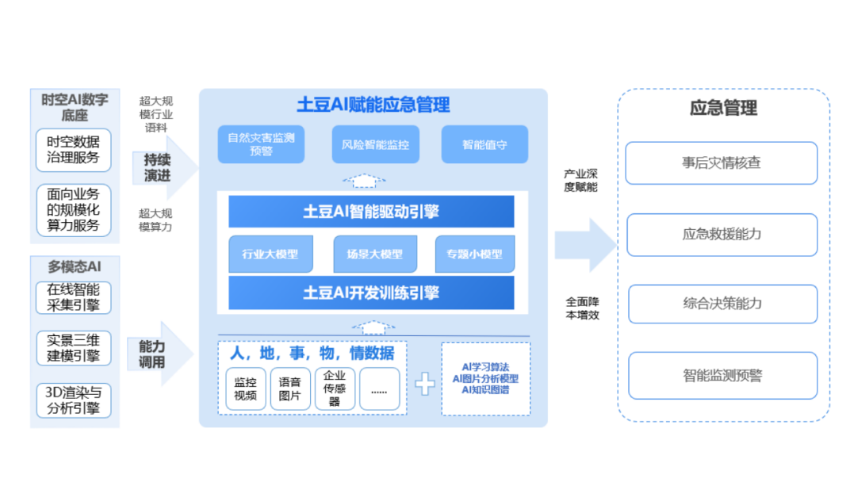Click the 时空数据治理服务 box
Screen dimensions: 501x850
[74, 150]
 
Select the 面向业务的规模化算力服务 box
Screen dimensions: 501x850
[74, 210]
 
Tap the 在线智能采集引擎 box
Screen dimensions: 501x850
[74, 297]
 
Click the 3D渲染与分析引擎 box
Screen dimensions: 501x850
[74, 400]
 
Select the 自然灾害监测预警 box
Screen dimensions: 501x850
[261, 144]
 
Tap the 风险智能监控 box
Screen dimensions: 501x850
[375, 144]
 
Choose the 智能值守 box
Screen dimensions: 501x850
[484, 144]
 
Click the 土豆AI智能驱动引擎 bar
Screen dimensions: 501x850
[371, 212]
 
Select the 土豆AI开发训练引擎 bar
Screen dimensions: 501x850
[371, 293]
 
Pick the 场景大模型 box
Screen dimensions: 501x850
[374, 254]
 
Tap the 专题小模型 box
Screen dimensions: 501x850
[475, 254]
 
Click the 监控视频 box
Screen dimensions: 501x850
[246, 388]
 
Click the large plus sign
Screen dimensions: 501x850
[426, 384]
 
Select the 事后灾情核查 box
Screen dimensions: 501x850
[722, 163]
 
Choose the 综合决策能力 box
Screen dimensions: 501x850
[722, 304]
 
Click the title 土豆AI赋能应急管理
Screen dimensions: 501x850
[373, 104]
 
